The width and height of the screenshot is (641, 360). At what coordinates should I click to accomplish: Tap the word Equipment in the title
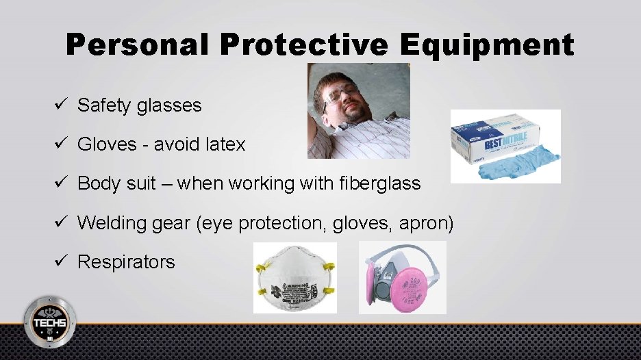[487, 45]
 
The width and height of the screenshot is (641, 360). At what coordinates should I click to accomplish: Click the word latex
[225, 144]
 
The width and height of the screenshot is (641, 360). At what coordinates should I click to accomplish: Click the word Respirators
[126, 261]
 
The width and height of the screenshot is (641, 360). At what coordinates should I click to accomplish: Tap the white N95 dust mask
[294, 279]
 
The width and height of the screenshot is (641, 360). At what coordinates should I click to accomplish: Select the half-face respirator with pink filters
[403, 278]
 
